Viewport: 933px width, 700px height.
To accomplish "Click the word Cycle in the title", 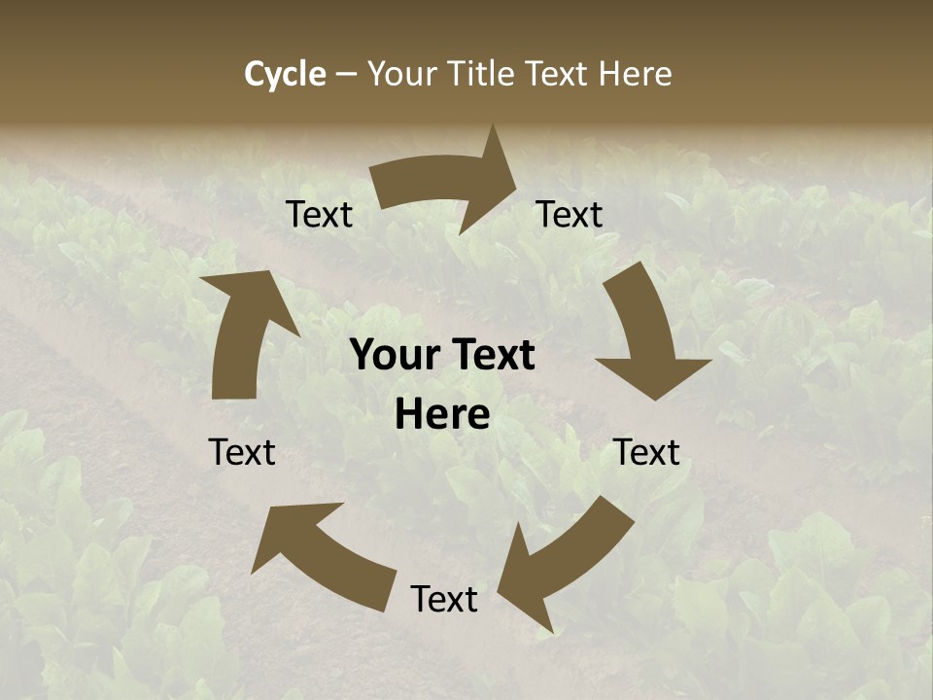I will point(285,74).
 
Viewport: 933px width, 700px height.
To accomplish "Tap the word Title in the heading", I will point(481,74).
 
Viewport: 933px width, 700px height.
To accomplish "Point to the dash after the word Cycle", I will point(346,75).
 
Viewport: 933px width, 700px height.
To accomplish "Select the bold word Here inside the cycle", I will point(442,415).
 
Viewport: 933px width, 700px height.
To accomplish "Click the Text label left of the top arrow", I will point(320,215).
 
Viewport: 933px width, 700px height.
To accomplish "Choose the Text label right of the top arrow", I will point(570,215).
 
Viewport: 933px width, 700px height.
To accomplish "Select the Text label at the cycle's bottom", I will point(444,600).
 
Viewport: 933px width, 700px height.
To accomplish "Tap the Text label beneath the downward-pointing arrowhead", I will point(646,453).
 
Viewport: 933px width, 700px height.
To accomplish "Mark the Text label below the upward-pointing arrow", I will point(242,453).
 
